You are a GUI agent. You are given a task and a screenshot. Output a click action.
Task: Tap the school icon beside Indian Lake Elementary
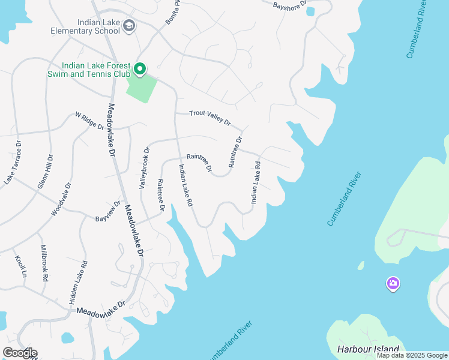[x=130, y=26]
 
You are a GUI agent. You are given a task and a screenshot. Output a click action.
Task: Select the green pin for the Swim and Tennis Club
[x=140, y=70]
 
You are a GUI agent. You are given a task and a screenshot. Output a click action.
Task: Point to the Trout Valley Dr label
[x=210, y=117]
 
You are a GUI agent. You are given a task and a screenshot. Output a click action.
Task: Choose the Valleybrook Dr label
[x=143, y=167]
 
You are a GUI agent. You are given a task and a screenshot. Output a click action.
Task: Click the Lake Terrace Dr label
[x=14, y=163]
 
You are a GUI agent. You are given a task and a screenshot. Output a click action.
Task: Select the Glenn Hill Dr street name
[x=46, y=172]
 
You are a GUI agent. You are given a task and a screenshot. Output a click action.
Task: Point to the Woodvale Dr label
[x=61, y=199]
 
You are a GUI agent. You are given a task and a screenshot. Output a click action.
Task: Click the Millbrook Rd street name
[x=44, y=263]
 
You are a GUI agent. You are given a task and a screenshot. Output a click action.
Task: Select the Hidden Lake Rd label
[x=84, y=281]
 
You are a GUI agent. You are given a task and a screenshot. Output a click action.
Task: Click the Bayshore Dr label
[x=290, y=7]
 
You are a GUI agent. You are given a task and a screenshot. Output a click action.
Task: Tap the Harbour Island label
[x=369, y=349]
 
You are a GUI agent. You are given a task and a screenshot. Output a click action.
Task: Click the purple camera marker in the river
[x=393, y=283]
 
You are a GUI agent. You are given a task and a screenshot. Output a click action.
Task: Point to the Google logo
[x=20, y=353]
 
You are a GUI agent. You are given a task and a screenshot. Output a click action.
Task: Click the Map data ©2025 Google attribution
[x=412, y=355]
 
